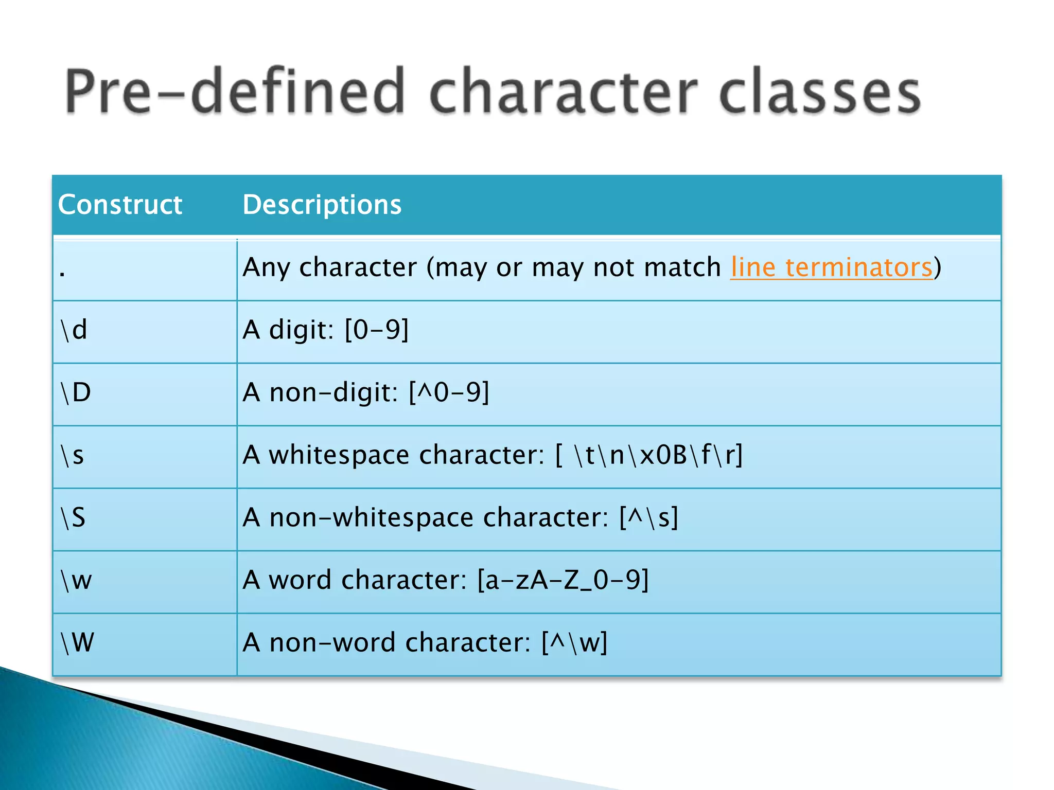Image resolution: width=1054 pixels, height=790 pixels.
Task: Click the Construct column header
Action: click(120, 205)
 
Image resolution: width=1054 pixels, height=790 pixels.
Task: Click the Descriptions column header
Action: click(322, 205)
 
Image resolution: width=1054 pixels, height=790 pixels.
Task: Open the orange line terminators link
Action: click(831, 267)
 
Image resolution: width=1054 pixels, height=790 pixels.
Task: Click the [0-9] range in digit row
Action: click(377, 330)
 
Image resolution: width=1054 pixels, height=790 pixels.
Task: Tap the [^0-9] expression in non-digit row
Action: click(449, 392)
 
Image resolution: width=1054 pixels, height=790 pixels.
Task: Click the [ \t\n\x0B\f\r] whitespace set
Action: click(649, 455)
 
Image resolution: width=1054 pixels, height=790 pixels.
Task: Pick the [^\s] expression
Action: click(648, 517)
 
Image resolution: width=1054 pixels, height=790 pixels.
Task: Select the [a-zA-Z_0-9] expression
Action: click(563, 580)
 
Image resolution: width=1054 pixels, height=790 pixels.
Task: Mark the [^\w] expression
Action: click(574, 642)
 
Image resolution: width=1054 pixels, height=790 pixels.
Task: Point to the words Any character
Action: click(329, 267)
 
